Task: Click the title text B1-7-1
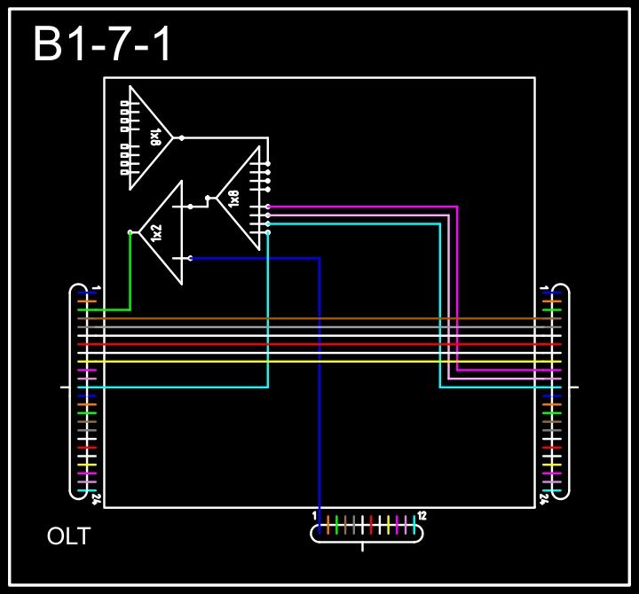pyautogui.click(x=103, y=44)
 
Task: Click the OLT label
pyautogui.click(x=68, y=536)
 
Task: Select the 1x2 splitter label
pyautogui.click(x=157, y=233)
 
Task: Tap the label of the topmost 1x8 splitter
pyautogui.click(x=155, y=137)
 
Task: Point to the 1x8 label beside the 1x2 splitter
pyautogui.click(x=233, y=198)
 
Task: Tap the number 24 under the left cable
pyautogui.click(x=96, y=499)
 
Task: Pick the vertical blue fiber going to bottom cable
pyautogui.click(x=319, y=399)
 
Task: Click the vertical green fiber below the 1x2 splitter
pyautogui.click(x=130, y=275)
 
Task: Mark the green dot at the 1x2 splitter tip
pyautogui.click(x=130, y=232)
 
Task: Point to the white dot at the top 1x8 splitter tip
pyautogui.click(x=182, y=137)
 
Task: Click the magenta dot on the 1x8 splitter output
pyautogui.click(x=268, y=207)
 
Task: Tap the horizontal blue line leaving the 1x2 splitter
pyautogui.click(x=257, y=258)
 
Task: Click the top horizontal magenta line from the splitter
pyautogui.click(x=364, y=207)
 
